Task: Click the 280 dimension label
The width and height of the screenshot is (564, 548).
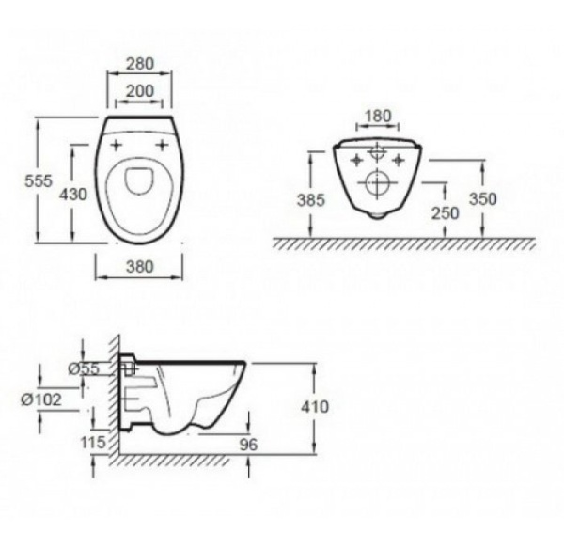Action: point(139,64)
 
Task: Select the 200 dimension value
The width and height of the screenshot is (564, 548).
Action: point(139,91)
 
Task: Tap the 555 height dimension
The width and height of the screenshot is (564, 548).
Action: point(39,180)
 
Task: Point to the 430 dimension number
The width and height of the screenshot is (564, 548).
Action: point(73,195)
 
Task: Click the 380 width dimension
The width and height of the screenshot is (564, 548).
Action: point(139,266)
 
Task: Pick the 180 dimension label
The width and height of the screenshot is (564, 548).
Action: point(377,117)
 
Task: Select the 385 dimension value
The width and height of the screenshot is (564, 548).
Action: point(311,200)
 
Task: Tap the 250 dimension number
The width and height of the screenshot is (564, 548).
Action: point(446,213)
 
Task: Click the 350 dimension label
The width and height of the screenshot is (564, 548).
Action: point(483,199)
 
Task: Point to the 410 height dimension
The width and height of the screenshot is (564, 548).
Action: point(315,407)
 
